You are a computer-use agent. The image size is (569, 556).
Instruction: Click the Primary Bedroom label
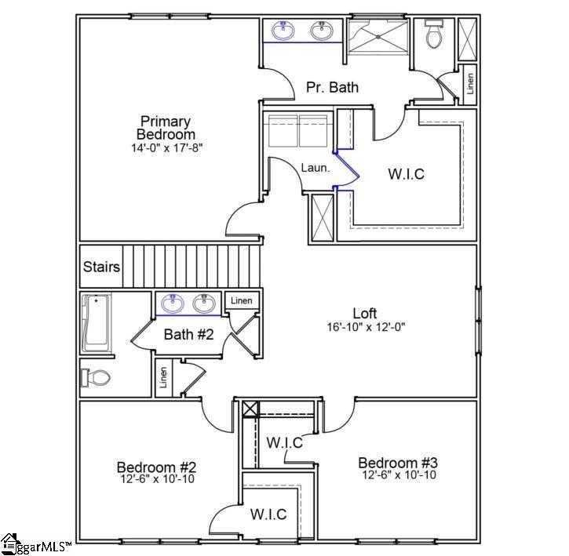(x=166, y=128)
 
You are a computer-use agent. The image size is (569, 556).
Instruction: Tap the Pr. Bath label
(x=332, y=87)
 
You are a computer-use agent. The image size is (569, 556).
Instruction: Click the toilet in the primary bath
(x=433, y=35)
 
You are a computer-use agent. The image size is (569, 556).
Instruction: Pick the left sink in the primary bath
(x=283, y=31)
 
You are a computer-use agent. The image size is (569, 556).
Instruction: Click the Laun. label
(x=315, y=167)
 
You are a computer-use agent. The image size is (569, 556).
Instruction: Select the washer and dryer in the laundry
(x=298, y=129)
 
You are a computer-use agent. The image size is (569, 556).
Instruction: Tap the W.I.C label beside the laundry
(x=406, y=174)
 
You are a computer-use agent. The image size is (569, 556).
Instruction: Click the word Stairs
(x=102, y=267)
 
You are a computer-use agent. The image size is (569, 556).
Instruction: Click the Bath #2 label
(x=189, y=335)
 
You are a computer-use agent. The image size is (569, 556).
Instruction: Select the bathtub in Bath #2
(x=96, y=323)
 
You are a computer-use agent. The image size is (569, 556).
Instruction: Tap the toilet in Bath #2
(x=96, y=378)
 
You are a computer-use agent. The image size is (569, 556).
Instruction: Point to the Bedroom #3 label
(x=397, y=462)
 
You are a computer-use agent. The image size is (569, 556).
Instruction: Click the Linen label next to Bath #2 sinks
(x=242, y=300)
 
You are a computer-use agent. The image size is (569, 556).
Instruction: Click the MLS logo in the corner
(x=35, y=544)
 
